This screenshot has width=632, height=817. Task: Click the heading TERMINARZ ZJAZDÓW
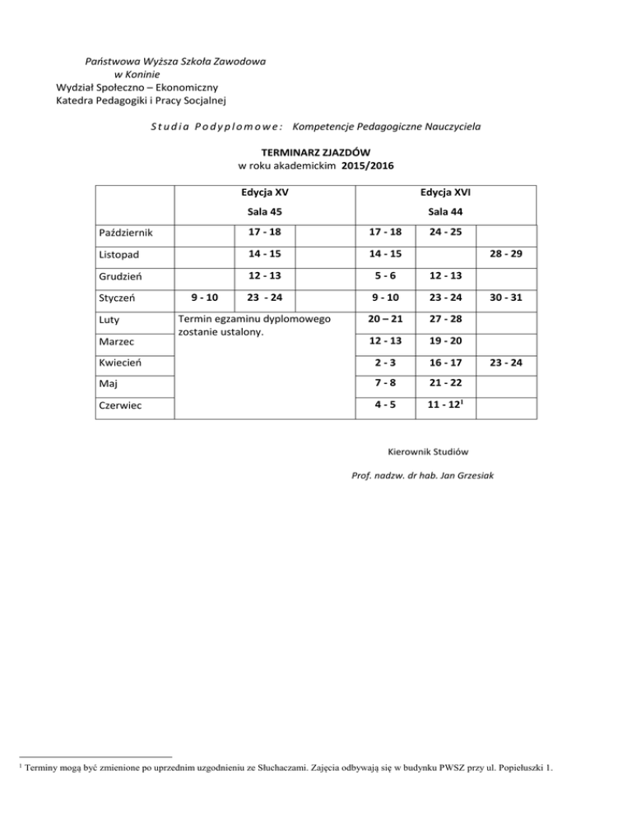pos(315,152)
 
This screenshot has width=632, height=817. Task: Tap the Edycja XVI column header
pos(444,193)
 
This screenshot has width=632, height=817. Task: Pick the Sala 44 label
pos(444,212)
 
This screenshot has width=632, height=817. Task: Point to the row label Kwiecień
pos(123,362)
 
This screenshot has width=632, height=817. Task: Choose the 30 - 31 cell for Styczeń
pos(507,297)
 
